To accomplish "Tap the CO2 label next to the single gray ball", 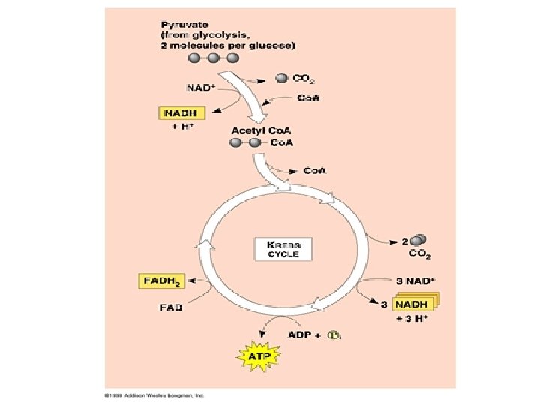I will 303,77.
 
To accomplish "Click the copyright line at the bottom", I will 154,394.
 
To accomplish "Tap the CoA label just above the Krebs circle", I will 315,170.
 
